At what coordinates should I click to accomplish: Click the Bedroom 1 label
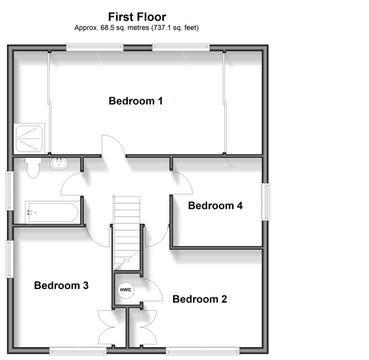click(136, 101)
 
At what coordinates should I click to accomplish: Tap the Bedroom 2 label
click(199, 299)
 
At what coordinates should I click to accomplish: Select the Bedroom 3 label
click(61, 285)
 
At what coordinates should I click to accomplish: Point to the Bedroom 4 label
click(215, 206)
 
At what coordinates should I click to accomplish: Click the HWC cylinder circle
click(126, 290)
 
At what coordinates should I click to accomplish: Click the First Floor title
click(137, 17)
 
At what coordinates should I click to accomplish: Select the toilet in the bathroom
click(33, 168)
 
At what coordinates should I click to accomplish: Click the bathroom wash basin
click(59, 163)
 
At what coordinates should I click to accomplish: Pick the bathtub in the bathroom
click(53, 212)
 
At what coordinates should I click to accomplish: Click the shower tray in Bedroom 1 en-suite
click(29, 138)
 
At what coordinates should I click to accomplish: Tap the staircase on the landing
click(127, 233)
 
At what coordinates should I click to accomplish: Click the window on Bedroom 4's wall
click(266, 202)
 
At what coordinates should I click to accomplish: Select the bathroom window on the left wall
click(9, 191)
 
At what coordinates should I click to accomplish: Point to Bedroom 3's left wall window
click(9, 259)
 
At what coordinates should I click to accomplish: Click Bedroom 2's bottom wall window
click(202, 351)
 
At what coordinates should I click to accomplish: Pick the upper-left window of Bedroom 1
click(94, 47)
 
